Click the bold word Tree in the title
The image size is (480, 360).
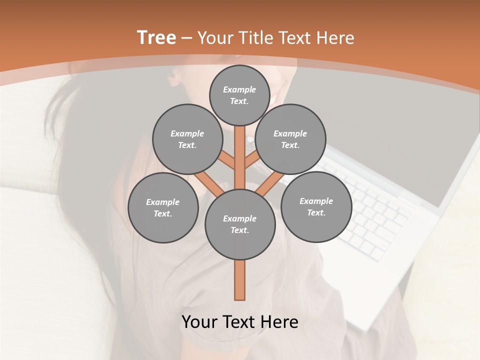pos(156,38)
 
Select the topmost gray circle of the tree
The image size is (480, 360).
pos(239,95)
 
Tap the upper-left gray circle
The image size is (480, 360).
pos(187,139)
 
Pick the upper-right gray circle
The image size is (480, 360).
pos(290,139)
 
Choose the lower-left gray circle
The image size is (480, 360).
pos(163,207)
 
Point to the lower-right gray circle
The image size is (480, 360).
pos(316,206)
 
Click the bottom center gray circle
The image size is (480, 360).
pos(240,224)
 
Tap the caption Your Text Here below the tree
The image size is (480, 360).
pos(239,322)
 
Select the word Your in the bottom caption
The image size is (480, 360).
pos(200,322)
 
